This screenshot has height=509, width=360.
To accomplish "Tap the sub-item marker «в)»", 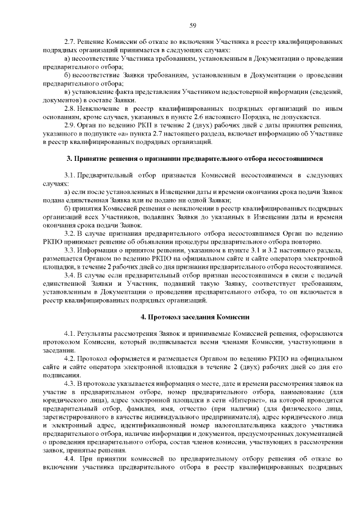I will pyautogui.click(x=67, y=91).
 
